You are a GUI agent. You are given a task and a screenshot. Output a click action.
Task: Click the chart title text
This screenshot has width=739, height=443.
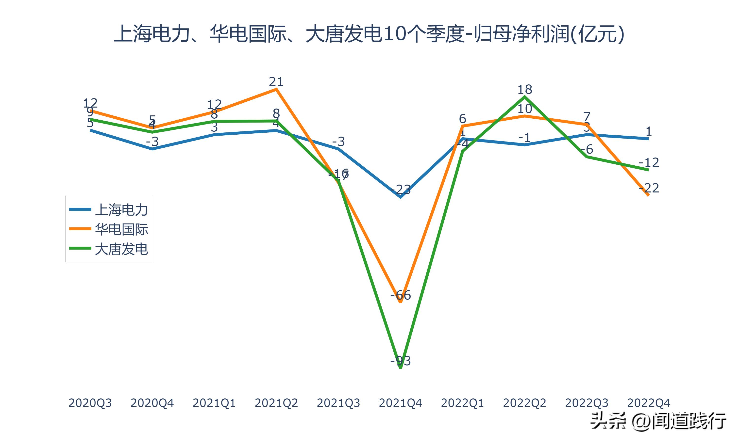click(x=369, y=34)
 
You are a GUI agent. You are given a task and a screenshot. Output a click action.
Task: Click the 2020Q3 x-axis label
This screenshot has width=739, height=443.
click(x=90, y=403)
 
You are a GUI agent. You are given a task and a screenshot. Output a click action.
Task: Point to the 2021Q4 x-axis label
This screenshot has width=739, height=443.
click(x=400, y=403)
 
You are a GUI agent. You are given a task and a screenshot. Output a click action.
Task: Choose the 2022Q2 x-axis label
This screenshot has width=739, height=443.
click(x=524, y=403)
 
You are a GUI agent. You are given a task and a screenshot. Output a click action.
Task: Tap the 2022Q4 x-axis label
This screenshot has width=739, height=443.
click(x=649, y=403)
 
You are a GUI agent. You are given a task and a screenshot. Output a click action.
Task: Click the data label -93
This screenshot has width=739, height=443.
click(x=400, y=361)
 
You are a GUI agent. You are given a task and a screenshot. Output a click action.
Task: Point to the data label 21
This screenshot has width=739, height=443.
click(x=276, y=81)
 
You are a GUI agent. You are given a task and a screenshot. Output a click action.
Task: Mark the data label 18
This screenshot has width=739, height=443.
click(x=524, y=89)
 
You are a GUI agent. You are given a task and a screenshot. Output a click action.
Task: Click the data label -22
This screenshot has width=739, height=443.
click(x=649, y=188)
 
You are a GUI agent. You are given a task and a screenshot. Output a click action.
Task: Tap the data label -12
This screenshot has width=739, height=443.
click(x=649, y=162)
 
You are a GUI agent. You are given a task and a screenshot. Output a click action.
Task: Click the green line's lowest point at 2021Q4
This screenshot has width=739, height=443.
click(x=400, y=368)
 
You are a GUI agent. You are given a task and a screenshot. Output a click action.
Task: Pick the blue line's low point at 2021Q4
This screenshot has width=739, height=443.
click(x=400, y=197)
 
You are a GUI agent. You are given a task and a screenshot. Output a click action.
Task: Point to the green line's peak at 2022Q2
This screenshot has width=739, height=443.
click(x=524, y=96)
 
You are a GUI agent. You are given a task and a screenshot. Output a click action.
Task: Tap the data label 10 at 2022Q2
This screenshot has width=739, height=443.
click(x=524, y=109)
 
